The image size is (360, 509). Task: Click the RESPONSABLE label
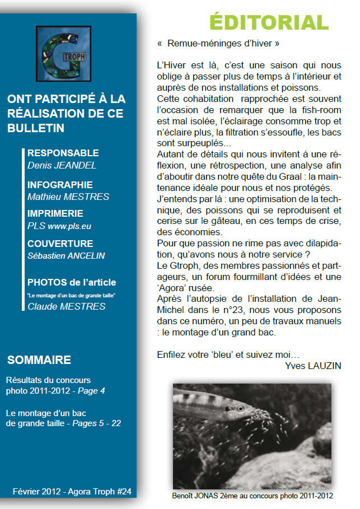click(63, 153)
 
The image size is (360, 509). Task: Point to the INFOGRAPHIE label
click(60, 185)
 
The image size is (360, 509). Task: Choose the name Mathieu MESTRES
click(68, 197)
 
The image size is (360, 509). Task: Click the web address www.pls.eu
click(69, 227)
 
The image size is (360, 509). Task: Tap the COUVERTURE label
click(60, 244)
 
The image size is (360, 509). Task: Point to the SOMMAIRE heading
click(39, 359)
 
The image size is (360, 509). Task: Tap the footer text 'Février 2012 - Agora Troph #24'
click(72, 491)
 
